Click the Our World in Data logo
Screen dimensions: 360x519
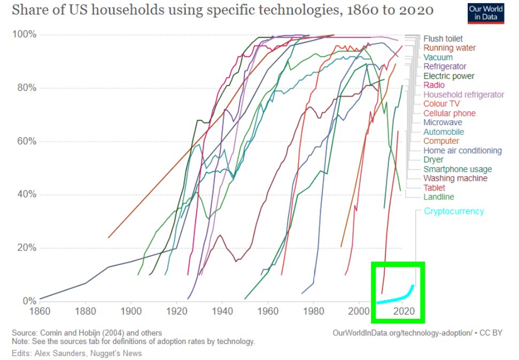click(485, 13)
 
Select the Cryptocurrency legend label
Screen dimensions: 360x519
click(453, 211)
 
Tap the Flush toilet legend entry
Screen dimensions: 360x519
click(443, 39)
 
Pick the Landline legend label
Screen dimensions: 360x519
click(438, 197)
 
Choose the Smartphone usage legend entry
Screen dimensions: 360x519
click(457, 170)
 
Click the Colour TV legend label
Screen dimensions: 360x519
click(441, 104)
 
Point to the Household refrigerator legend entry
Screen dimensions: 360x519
click(463, 95)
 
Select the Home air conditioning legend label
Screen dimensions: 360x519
click(462, 151)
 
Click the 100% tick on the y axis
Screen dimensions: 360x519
click(24, 35)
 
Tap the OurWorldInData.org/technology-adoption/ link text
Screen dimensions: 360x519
click(401, 333)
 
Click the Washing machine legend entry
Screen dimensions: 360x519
click(455, 179)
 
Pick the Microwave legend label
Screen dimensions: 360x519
click(443, 122)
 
